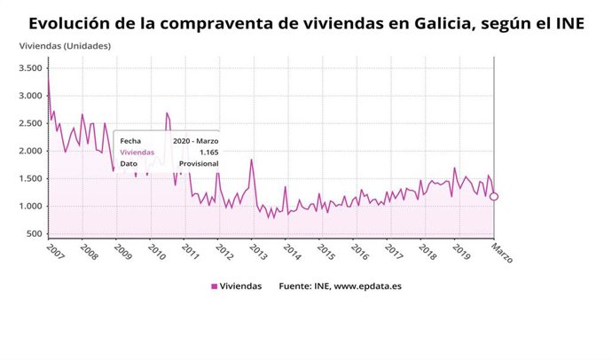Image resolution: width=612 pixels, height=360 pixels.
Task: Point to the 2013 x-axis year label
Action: coord(257,253)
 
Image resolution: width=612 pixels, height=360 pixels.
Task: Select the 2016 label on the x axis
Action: coord(359,253)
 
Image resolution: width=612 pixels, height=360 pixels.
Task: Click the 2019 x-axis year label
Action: coord(461,253)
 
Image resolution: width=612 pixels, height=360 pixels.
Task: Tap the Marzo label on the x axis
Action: coord(502,253)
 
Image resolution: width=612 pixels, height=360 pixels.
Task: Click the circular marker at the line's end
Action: coord(494,197)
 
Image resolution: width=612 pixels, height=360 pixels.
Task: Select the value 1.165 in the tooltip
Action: coord(209,152)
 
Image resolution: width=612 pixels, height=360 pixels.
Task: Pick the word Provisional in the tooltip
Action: coord(198,164)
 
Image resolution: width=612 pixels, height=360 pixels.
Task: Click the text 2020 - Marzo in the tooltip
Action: coord(194,140)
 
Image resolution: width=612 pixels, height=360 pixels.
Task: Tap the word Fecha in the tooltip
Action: coord(130,140)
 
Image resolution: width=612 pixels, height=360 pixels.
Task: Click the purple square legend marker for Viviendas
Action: coord(214,286)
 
